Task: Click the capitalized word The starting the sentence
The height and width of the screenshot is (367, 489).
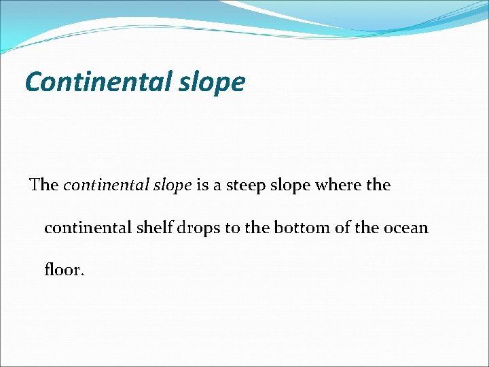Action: (44, 185)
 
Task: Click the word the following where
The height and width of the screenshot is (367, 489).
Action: (378, 185)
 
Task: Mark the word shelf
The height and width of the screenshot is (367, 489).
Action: (155, 227)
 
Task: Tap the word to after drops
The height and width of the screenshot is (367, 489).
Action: (232, 228)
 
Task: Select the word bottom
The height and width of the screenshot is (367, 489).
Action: (300, 228)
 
